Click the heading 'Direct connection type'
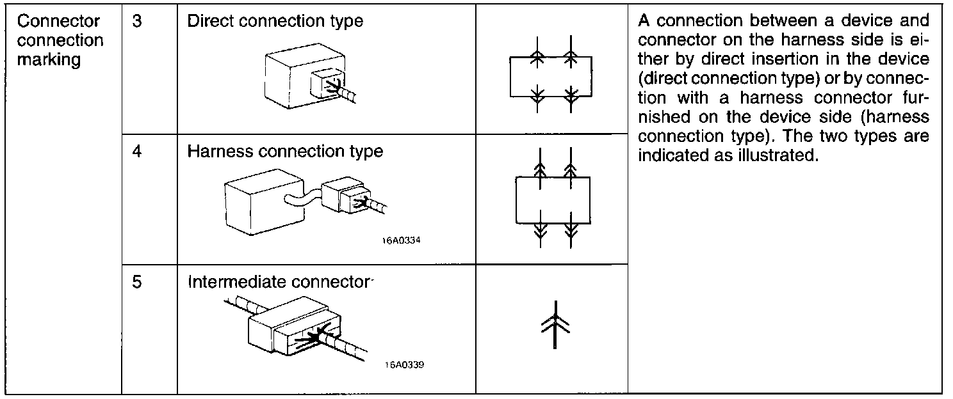(x=275, y=21)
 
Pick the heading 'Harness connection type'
(x=285, y=152)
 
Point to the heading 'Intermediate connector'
(x=279, y=282)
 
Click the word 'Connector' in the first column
(x=58, y=21)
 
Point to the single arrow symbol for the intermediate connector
(x=555, y=324)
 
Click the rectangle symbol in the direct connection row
(x=551, y=77)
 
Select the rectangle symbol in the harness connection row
(x=553, y=200)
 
